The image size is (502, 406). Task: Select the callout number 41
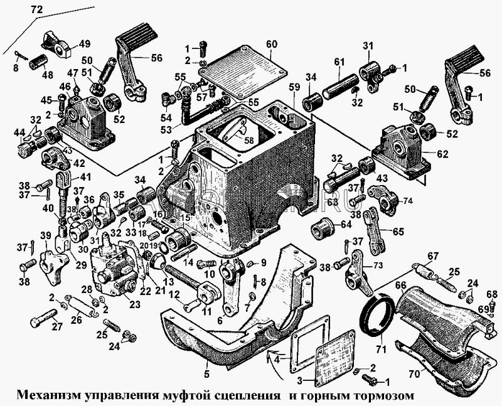(85, 176)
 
